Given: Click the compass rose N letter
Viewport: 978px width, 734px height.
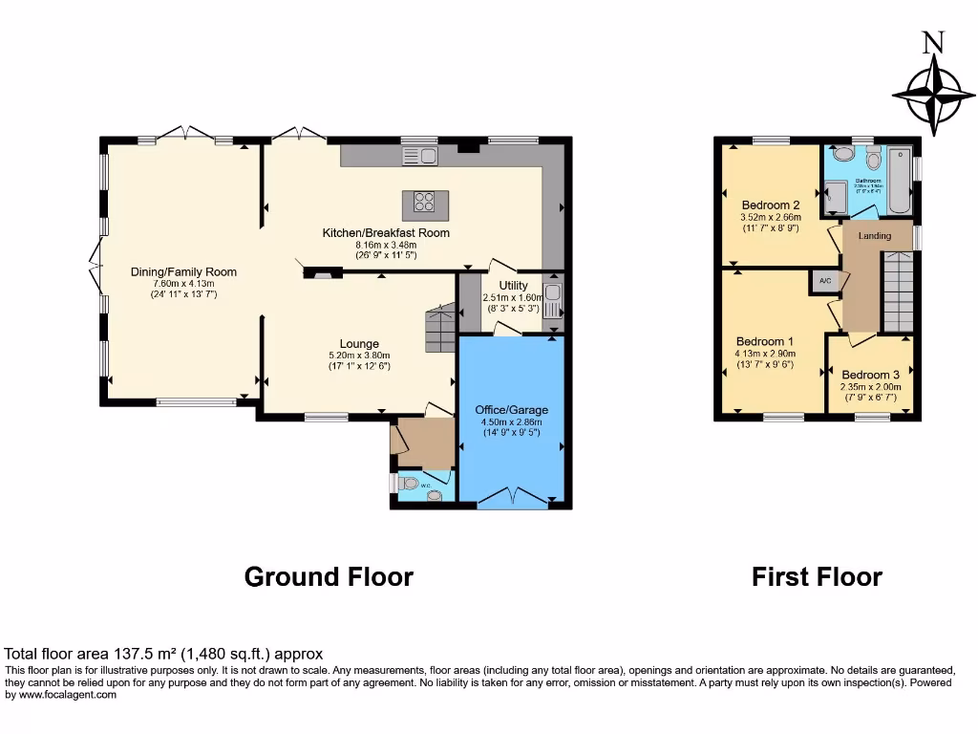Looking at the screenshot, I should point(933,42).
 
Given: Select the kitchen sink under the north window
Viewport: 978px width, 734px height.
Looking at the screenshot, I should point(419,155).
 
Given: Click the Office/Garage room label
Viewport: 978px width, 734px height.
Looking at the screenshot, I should point(511,410).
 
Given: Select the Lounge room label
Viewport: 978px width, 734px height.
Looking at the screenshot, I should point(359,344).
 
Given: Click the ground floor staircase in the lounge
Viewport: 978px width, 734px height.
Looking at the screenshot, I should point(439,330).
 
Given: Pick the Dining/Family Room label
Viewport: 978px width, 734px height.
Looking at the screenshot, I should point(183,271).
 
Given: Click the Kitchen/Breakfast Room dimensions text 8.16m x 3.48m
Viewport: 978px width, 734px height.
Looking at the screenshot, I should point(386,245).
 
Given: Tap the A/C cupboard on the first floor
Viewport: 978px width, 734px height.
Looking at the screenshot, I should point(825,281).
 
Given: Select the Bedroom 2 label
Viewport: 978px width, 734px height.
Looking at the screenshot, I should point(771,205).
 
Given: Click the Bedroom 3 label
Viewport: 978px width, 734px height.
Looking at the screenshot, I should point(870,375).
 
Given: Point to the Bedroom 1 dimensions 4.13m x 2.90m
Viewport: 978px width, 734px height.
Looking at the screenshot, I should point(764,354).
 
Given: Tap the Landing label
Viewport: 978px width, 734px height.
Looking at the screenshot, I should point(874,236).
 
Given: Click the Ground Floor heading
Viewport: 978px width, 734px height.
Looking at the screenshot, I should point(329,577).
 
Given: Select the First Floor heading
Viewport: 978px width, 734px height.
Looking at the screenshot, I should point(817,577).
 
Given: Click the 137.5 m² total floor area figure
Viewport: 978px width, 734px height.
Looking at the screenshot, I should point(144,655).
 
